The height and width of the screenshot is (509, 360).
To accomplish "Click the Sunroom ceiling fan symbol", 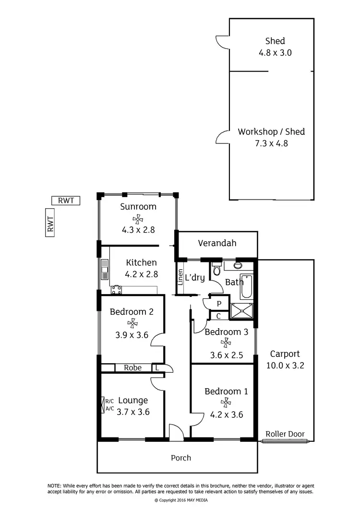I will pyautogui.click(x=138, y=219).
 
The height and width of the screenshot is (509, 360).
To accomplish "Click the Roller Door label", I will pyautogui.click(x=285, y=434).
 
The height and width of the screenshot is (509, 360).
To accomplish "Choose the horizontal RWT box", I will pyautogui.click(x=66, y=201).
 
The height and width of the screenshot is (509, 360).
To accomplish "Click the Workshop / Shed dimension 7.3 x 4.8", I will pyautogui.click(x=272, y=143).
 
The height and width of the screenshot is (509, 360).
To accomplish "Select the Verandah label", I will pyautogui.click(x=217, y=243).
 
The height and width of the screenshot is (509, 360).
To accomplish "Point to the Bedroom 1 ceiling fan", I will pyautogui.click(x=224, y=403).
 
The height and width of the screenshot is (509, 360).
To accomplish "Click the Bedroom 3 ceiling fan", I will pyautogui.click(x=224, y=343).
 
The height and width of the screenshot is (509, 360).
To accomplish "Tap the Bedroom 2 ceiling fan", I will pyautogui.click(x=131, y=324).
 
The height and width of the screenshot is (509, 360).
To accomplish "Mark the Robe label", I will pyautogui.click(x=132, y=368).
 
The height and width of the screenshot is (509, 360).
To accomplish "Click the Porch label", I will pyautogui.click(x=181, y=458).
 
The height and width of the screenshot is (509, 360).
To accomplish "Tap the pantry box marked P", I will pyautogui.click(x=219, y=304).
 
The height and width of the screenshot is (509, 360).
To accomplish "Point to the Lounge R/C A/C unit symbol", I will pyautogui.click(x=103, y=404).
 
